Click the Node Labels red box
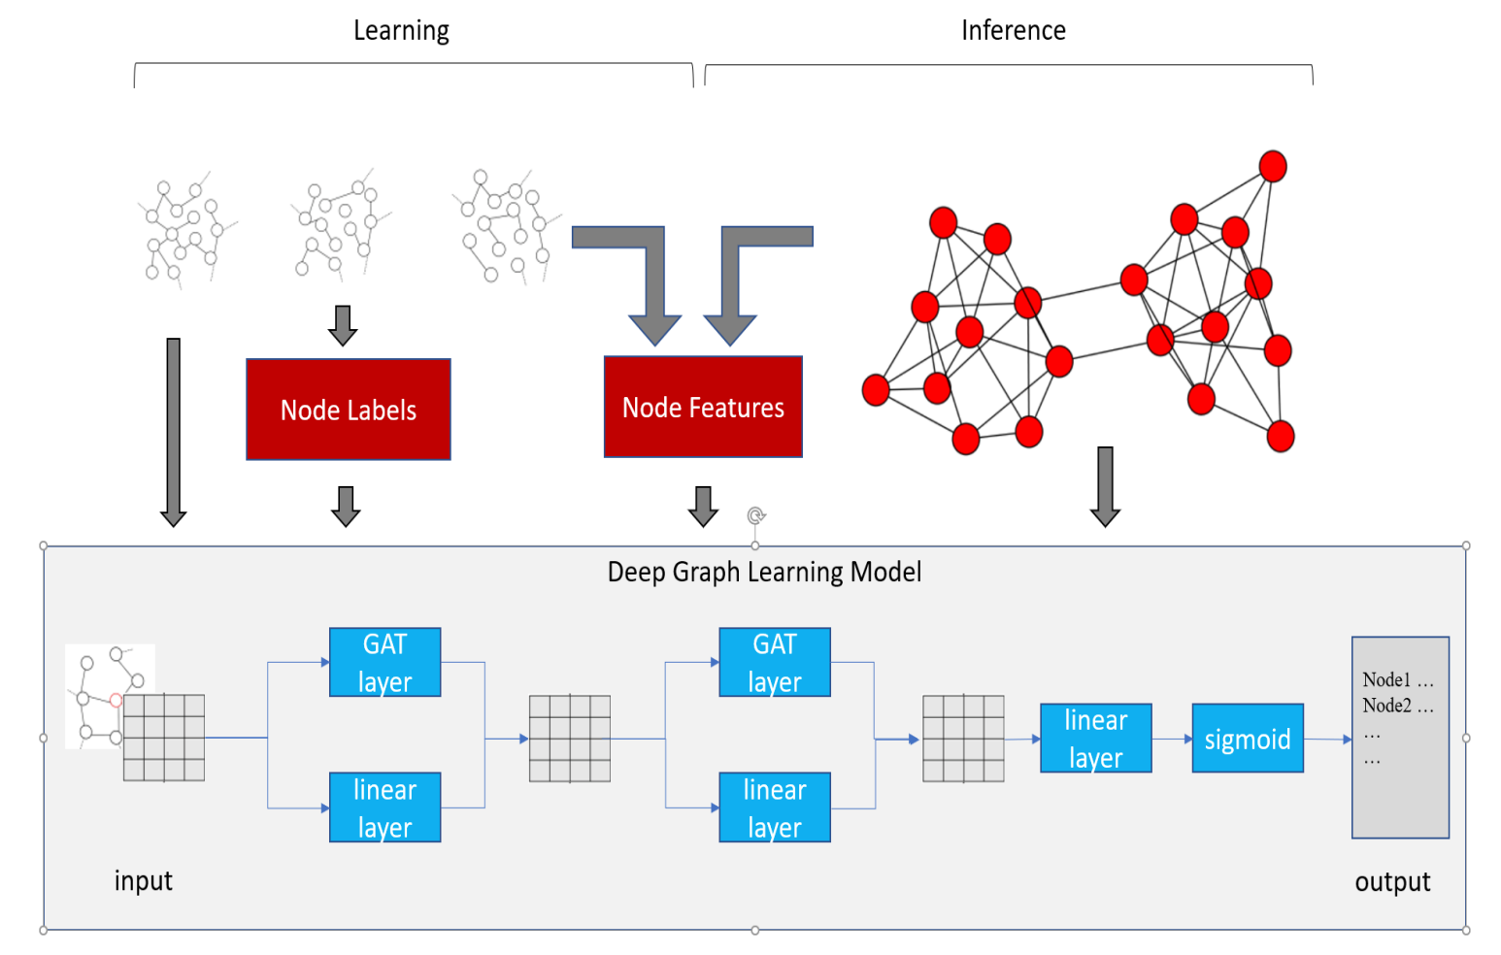click(348, 410)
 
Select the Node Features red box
click(703, 407)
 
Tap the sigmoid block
click(1248, 739)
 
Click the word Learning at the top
click(401, 31)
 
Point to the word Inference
click(1013, 31)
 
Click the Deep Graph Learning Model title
click(764, 572)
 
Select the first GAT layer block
click(384, 662)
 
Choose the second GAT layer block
click(774, 662)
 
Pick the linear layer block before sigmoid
click(1095, 739)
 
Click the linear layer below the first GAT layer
click(384, 807)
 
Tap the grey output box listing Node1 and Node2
click(1400, 738)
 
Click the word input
click(143, 880)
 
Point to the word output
click(1392, 881)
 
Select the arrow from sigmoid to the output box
click(1327, 740)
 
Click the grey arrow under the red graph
click(1105, 486)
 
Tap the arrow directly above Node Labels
click(343, 325)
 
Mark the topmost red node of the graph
click(1273, 166)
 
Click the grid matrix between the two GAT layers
click(570, 739)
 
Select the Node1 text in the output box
click(1386, 679)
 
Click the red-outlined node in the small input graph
click(116, 700)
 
